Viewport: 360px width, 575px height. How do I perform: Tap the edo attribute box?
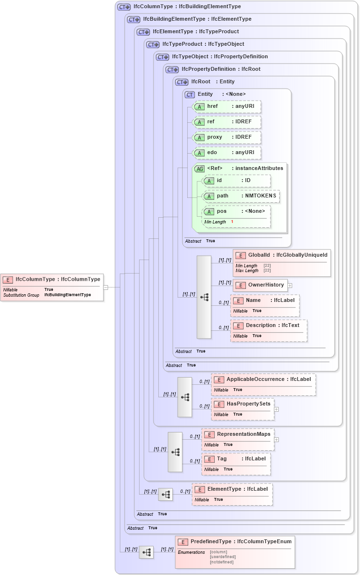click(227, 153)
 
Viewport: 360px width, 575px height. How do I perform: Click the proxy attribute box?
click(227, 137)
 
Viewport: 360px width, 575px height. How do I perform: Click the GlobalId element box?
click(282, 262)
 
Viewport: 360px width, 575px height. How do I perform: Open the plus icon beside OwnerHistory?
click(290, 285)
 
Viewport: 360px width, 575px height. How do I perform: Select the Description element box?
click(269, 330)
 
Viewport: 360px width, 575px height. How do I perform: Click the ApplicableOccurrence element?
click(263, 384)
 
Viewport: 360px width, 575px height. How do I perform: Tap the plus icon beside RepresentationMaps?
click(277, 439)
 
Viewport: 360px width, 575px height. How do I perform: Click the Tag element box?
click(236, 464)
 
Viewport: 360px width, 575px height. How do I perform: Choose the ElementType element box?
click(232, 494)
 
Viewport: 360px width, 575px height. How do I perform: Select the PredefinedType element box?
click(234, 552)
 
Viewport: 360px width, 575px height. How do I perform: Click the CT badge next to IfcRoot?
click(182, 82)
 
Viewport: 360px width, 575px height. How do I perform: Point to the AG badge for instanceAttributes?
click(199, 169)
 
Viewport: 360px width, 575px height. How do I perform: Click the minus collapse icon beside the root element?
click(106, 287)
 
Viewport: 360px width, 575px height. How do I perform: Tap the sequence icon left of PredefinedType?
click(146, 552)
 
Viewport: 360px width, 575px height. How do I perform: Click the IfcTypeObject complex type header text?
click(220, 56)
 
